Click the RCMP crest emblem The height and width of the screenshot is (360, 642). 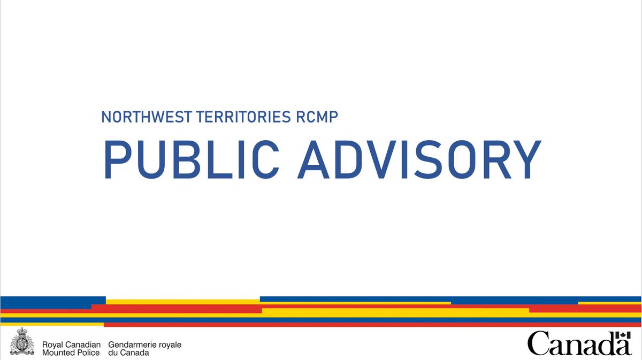tap(22, 342)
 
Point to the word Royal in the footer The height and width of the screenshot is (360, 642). tap(52, 345)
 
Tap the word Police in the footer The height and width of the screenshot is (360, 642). tap(88, 353)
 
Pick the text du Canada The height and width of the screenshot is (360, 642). tap(128, 353)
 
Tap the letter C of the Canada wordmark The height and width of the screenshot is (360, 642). tap(537, 344)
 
